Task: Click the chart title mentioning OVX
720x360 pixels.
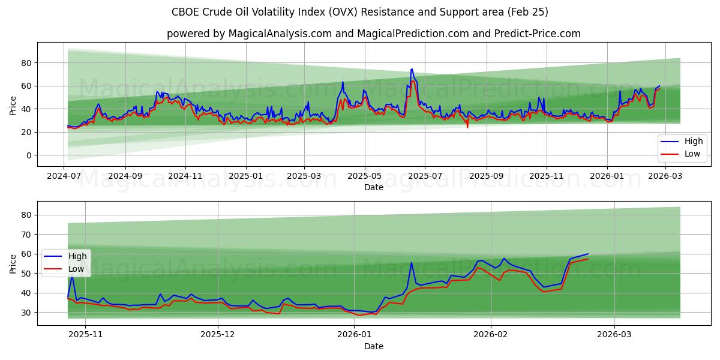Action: coord(360,12)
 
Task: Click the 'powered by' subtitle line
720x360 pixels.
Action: coord(373,34)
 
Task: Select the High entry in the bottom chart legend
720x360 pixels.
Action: coord(77,257)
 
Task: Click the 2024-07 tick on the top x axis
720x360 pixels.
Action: coord(64,176)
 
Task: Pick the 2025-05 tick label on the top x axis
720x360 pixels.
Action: coord(364,176)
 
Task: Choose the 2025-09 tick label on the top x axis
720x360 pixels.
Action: coord(486,176)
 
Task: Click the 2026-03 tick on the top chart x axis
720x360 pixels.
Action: coord(665,176)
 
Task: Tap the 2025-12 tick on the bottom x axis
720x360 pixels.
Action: coord(218,335)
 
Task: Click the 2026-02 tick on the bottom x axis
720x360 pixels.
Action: coord(491,335)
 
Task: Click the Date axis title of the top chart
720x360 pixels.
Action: coord(373,188)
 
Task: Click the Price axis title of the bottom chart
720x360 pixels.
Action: coord(13,263)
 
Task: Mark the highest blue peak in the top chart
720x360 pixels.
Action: coord(412,69)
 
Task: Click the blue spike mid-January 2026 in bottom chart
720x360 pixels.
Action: coord(412,263)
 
